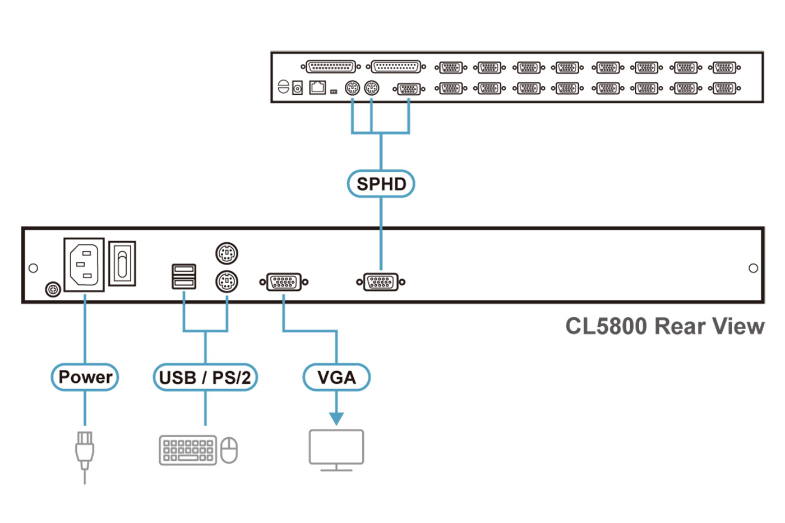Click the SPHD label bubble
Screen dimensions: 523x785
pyautogui.click(x=381, y=184)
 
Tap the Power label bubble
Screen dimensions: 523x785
pyautogui.click(x=85, y=377)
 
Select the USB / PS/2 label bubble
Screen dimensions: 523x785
pyautogui.click(x=205, y=377)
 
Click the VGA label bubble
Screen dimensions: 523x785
pyautogui.click(x=336, y=377)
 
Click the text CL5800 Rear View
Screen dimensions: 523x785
pyautogui.click(x=664, y=326)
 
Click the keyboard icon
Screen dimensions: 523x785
pyautogui.click(x=188, y=450)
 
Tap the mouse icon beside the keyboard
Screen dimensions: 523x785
pyautogui.click(x=229, y=450)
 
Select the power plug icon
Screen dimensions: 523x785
pyautogui.click(x=85, y=451)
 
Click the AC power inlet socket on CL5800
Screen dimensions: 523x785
pyautogui.click(x=84, y=265)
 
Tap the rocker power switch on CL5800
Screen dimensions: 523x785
pyautogui.click(x=122, y=263)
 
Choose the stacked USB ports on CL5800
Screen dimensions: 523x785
pyautogui.click(x=184, y=276)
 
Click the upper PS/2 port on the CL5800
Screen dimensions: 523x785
pyautogui.click(x=227, y=253)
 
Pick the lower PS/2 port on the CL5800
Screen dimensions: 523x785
pyautogui.click(x=227, y=281)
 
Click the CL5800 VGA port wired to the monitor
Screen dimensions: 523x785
pyautogui.click(x=284, y=281)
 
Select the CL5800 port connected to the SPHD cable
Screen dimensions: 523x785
pyautogui.click(x=381, y=281)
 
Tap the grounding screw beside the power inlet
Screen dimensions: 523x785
pyautogui.click(x=53, y=290)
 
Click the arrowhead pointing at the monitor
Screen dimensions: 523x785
pyautogui.click(x=336, y=418)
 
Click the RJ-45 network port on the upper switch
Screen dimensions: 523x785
pyautogui.click(x=317, y=87)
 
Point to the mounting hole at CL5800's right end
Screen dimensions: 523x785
pyautogui.click(x=753, y=268)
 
